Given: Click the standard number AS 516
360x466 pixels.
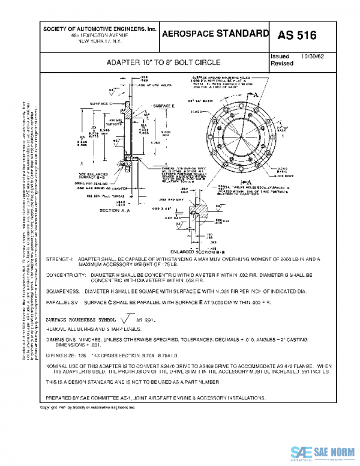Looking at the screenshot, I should (x=296, y=35).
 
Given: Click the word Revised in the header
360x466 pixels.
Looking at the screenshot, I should (x=281, y=63).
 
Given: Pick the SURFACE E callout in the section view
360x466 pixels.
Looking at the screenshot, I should (x=163, y=106).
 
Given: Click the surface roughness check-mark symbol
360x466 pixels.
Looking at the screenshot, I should (x=127, y=319).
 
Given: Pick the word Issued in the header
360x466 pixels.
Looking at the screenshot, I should (x=281, y=56).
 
